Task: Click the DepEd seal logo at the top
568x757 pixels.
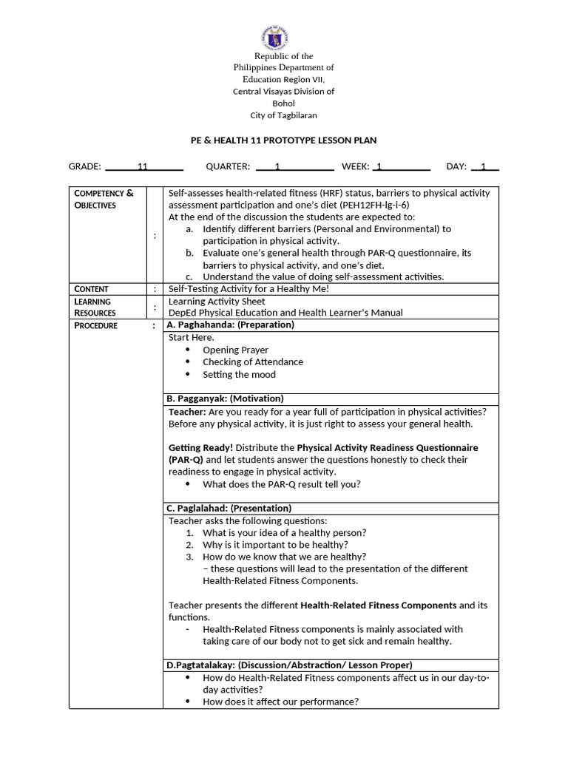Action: [x=274, y=37]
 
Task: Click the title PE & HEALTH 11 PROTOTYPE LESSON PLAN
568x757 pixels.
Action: [x=284, y=140]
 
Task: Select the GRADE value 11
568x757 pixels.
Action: [x=143, y=167]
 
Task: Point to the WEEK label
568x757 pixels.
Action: [x=355, y=167]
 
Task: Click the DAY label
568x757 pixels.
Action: [x=456, y=167]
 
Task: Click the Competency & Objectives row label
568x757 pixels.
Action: [x=104, y=199]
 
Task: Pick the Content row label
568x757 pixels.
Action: [x=91, y=289]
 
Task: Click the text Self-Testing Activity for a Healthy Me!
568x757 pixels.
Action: [x=248, y=289]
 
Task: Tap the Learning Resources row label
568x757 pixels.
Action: [x=95, y=307]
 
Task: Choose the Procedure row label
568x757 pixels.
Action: [x=95, y=325]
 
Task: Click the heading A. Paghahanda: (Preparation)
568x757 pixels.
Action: [x=230, y=325]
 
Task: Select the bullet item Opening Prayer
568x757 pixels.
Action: [x=235, y=350]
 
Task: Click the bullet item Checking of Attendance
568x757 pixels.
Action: [x=253, y=362]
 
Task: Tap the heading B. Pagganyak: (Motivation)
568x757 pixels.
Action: [x=225, y=398]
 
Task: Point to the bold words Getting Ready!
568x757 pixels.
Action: [x=200, y=448]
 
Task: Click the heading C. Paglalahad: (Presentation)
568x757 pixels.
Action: [x=229, y=508]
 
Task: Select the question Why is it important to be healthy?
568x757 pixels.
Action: [x=275, y=545]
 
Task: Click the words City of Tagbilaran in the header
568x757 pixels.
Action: [x=284, y=115]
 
